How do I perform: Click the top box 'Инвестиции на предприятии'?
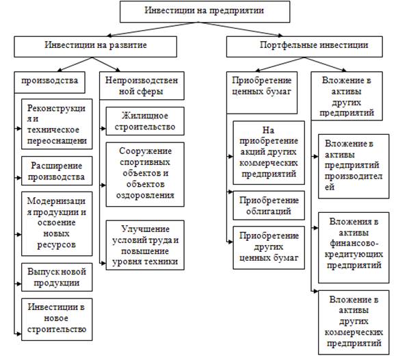[204, 12]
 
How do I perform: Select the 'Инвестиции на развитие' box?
[96, 47]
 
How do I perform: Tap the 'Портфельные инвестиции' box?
[304, 47]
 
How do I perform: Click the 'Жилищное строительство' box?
[145, 121]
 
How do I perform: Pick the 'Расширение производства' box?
[57, 171]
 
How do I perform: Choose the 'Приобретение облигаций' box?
[269, 205]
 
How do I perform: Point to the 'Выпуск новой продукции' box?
[57, 277]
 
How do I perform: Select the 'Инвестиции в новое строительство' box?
[57, 320]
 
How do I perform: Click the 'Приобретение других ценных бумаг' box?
[269, 248]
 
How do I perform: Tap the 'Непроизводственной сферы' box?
[142, 86]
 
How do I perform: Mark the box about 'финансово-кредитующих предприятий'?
[354, 248]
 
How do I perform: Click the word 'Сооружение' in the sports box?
[145, 151]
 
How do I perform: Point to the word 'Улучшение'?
[145, 229]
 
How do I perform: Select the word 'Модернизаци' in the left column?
[56, 201]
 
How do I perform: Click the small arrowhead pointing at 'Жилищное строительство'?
[103, 129]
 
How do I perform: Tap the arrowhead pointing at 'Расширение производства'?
[18, 178]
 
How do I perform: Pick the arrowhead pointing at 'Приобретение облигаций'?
[230, 192]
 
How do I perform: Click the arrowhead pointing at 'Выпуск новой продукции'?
[18, 283]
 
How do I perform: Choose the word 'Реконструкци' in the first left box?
[56, 108]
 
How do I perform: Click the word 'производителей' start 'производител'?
[354, 176]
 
